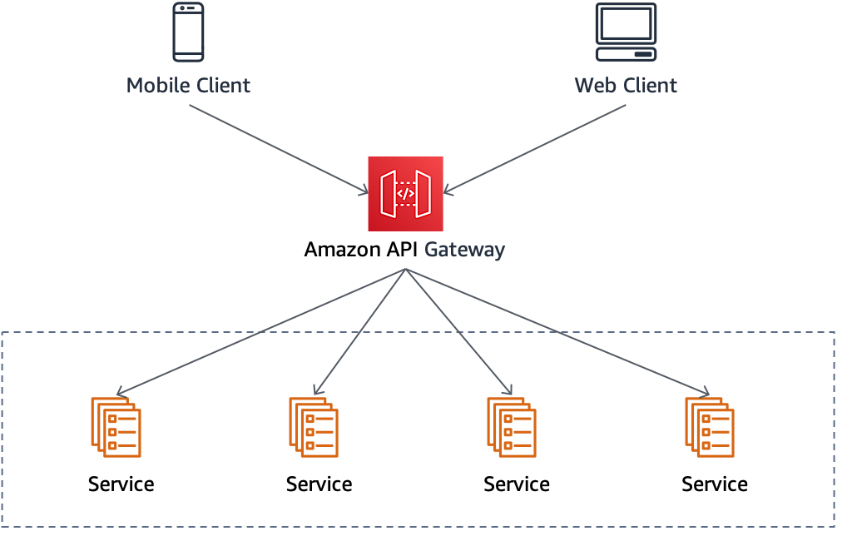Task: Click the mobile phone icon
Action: click(188, 32)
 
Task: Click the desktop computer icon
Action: click(626, 32)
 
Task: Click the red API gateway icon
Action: click(405, 193)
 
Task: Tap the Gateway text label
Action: click(464, 249)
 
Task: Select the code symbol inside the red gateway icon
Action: click(405, 194)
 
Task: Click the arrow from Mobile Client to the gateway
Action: click(278, 150)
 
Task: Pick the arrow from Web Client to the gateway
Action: click(535, 150)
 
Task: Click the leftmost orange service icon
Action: click(116, 427)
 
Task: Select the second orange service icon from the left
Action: click(314, 427)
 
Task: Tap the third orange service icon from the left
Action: click(512, 427)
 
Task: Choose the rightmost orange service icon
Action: click(710, 427)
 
